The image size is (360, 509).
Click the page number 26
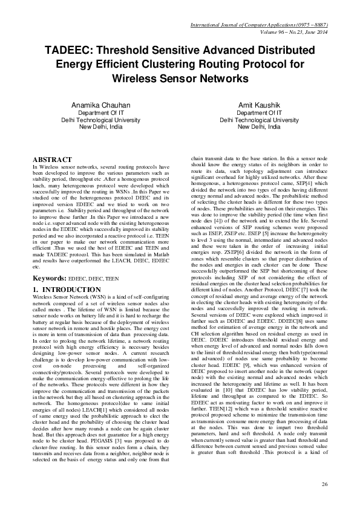pos(324,484)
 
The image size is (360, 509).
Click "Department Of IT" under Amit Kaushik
pos(258,112)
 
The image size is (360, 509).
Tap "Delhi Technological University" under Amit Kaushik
pos(258,120)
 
